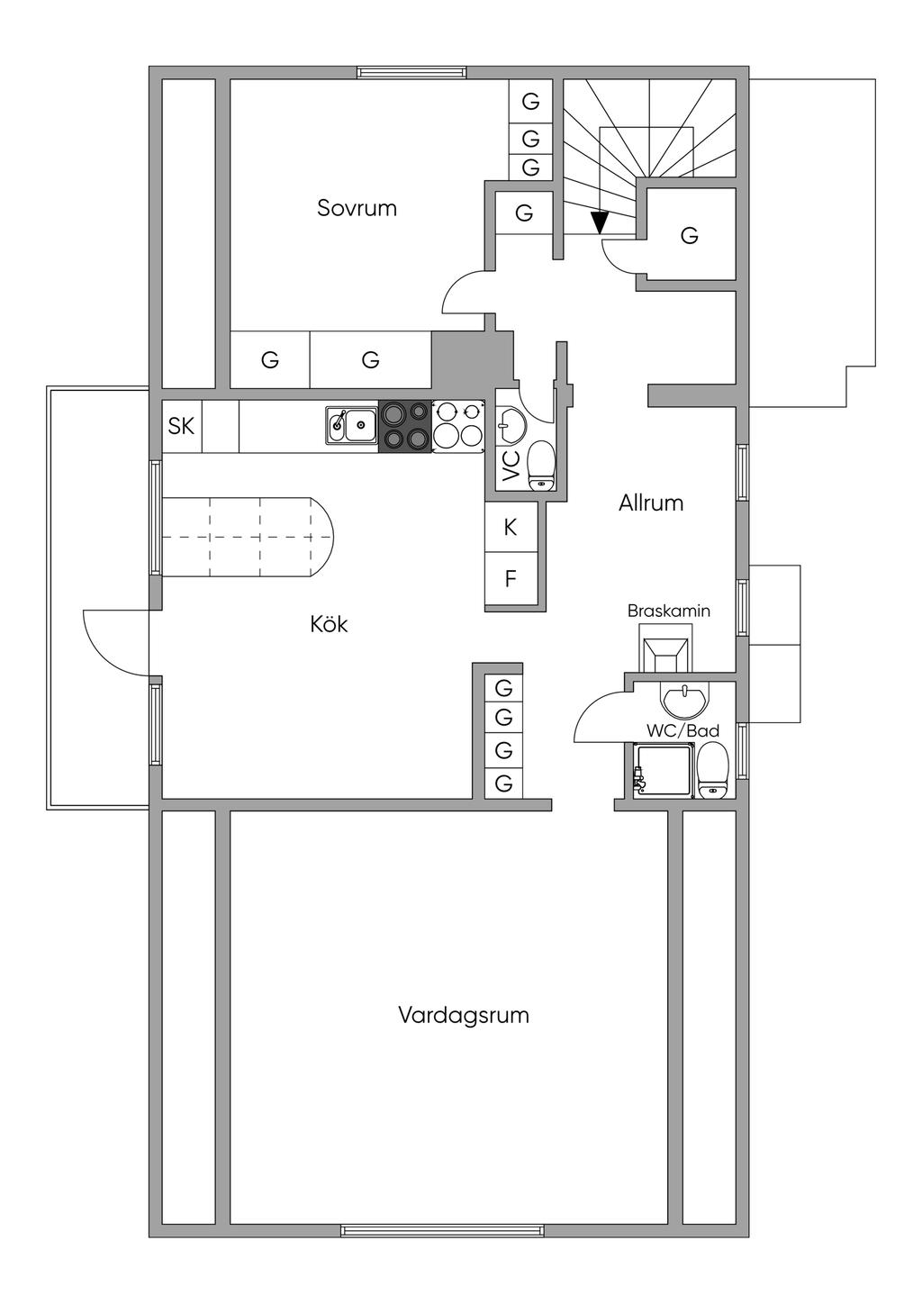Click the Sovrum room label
[357, 208]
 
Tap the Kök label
[329, 625]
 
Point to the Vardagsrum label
[464, 1015]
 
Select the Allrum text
[651, 503]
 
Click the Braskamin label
[669, 611]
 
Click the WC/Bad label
[683, 730]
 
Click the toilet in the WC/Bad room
[713, 771]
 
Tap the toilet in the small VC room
[541, 466]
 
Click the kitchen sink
[352, 426]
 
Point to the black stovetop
[405, 426]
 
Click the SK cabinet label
[181, 426]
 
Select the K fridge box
[511, 527]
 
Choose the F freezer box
[511, 579]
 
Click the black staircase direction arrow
[600, 222]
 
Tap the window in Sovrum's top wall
[411, 72]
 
